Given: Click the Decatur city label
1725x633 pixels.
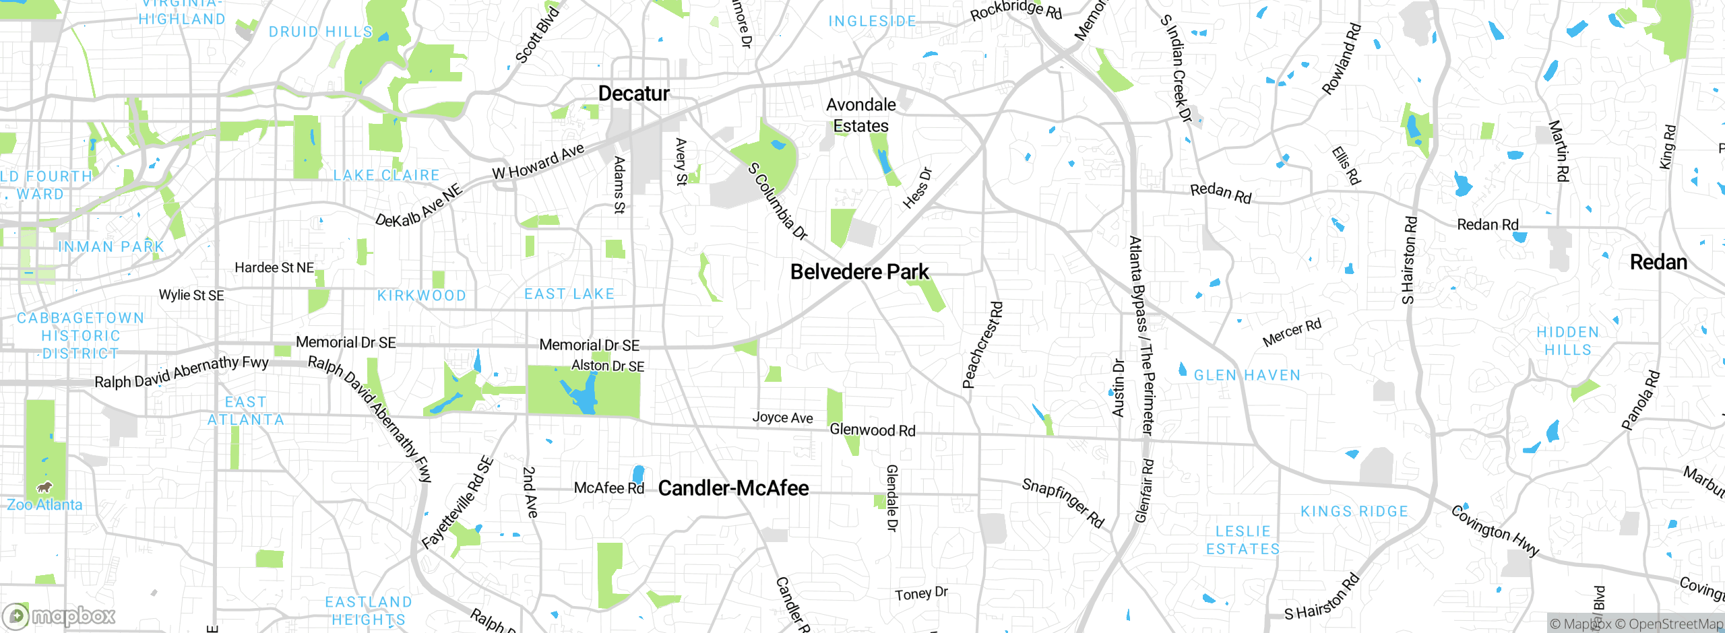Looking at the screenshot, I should point(633,94).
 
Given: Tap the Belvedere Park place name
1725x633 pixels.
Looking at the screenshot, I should point(859,272).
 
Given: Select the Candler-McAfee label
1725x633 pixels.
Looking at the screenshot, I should point(733,488).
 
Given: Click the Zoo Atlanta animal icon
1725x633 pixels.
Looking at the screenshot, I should point(44,487).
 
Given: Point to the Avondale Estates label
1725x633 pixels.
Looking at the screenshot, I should point(861,115).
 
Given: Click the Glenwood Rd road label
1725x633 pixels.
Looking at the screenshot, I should point(872,430).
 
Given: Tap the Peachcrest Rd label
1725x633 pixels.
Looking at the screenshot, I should point(982,345).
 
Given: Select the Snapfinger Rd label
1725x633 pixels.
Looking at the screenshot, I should point(1063,503).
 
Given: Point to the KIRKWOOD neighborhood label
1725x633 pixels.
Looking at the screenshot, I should point(422,296).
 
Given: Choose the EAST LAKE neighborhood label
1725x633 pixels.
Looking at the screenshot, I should point(569,294).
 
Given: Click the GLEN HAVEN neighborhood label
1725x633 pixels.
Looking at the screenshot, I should point(1247,376).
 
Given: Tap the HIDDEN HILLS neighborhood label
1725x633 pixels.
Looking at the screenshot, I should point(1567,341).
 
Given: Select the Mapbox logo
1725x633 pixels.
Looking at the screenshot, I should point(59,615).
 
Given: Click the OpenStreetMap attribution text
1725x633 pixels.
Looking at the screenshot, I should point(1670,624).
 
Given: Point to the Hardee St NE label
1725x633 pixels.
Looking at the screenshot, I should point(274,268).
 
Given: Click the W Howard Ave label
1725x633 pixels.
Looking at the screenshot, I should point(538,162).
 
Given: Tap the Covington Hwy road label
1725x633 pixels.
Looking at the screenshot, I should point(1495,531).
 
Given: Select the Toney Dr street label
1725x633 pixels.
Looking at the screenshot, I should point(921,594).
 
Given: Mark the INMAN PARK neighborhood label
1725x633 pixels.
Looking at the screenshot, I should point(111,247).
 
